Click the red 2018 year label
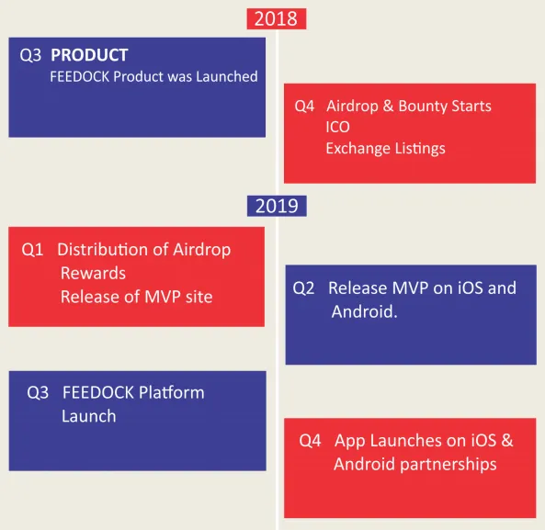point(277,18)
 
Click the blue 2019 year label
point(277,206)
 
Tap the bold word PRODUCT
point(89,55)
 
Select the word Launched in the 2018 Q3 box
point(227,76)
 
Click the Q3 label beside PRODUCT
point(30,55)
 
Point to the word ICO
point(338,127)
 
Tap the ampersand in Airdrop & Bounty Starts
point(388,106)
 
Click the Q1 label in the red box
point(32,249)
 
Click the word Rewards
point(93,273)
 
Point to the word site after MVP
point(199,297)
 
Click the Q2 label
point(303,288)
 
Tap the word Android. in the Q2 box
point(364,311)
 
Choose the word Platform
point(171,393)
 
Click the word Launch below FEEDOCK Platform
point(89,416)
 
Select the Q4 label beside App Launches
point(310,441)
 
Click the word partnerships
point(448,465)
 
